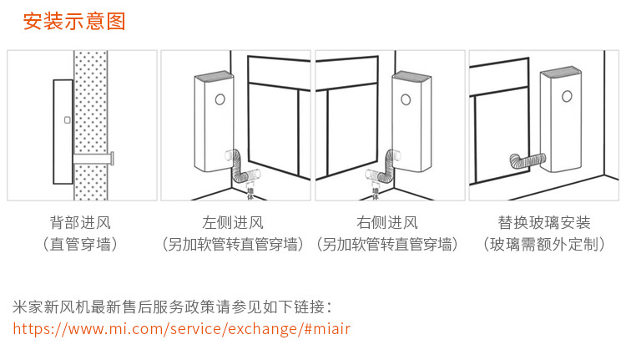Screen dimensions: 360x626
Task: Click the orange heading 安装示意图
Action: pos(74,22)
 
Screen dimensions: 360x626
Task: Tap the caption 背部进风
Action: pos(80,223)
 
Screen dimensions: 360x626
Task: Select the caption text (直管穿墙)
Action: pos(80,245)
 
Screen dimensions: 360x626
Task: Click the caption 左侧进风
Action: pos(233,223)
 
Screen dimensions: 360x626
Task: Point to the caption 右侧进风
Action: pos(387,223)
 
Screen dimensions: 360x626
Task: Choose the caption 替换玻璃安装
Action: pos(544,223)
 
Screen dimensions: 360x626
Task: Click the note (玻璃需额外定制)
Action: pos(544,245)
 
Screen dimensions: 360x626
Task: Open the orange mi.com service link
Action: pos(182,328)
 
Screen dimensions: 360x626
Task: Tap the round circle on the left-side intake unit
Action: pos(220,99)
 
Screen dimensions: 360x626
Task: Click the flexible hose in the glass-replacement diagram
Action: pos(526,159)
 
